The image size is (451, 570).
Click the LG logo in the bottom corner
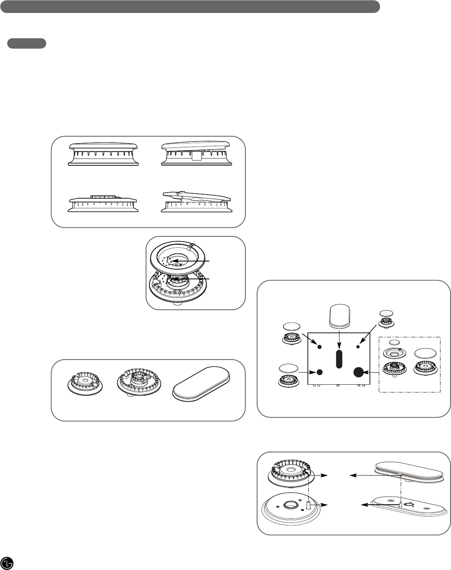coord(7,563)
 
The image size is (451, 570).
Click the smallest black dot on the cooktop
coord(358,347)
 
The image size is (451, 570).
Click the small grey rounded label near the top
coord(27,44)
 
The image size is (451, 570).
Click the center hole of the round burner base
coord(290,505)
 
